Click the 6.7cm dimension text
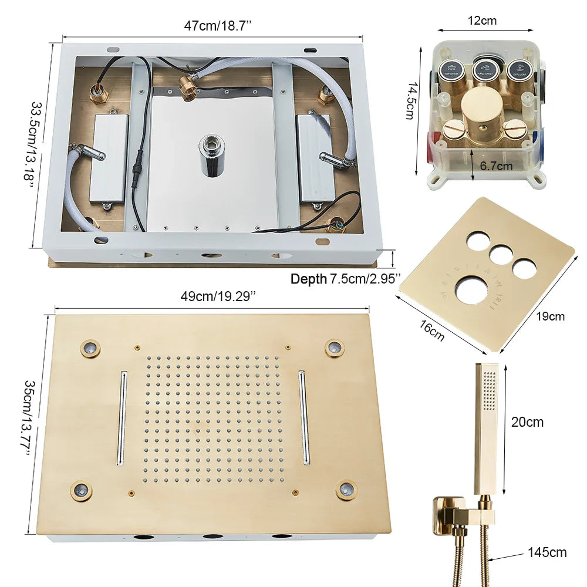pyautogui.click(x=497, y=166)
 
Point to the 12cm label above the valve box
pyautogui.click(x=482, y=21)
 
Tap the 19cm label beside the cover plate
pyautogui.click(x=551, y=316)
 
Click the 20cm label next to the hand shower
pyautogui.click(x=527, y=422)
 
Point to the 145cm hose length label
pyautogui.click(x=547, y=552)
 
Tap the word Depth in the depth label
pyautogui.click(x=308, y=279)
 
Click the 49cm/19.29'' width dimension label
pyautogui.click(x=218, y=296)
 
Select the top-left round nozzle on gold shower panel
pyautogui.click(x=90, y=348)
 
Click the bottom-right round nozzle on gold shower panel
pyautogui.click(x=346, y=489)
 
